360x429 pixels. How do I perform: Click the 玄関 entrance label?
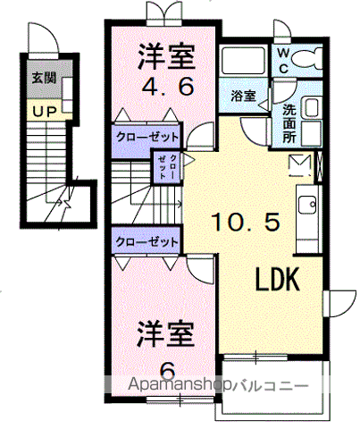pyautogui.click(x=43, y=79)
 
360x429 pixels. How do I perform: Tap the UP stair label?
pyautogui.click(x=43, y=111)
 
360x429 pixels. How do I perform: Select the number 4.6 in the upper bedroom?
pyautogui.click(x=165, y=89)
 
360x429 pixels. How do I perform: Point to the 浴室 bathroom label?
pyautogui.click(x=243, y=94)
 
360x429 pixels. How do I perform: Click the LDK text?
pyautogui.click(x=277, y=280)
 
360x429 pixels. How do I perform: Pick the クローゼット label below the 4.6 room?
pyautogui.click(x=147, y=137)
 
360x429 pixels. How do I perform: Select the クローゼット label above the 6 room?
pyautogui.click(x=147, y=241)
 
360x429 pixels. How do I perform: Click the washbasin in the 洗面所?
pyautogui.click(x=310, y=109)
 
